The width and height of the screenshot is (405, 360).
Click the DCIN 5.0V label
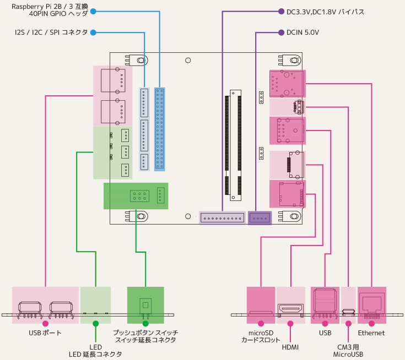(x=303, y=32)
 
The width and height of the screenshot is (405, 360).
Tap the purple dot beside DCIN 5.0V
(x=281, y=32)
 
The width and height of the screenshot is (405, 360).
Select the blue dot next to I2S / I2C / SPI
(x=93, y=32)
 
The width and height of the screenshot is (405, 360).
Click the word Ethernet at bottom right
(x=371, y=333)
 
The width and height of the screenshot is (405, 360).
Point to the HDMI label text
(x=290, y=347)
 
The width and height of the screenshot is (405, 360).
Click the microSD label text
(x=261, y=333)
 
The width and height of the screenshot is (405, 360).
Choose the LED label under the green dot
(x=95, y=347)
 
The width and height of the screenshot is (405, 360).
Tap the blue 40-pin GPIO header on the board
(x=160, y=129)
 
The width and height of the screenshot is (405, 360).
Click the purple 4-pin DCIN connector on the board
(x=260, y=218)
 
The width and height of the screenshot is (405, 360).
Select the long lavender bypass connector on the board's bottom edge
(x=222, y=218)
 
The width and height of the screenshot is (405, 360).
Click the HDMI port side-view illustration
(x=290, y=310)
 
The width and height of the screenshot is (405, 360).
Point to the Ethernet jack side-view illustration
(x=372, y=306)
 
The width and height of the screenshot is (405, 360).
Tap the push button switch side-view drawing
(x=145, y=308)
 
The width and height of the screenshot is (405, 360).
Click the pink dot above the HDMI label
(x=290, y=323)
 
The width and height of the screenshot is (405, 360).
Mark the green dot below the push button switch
(x=145, y=323)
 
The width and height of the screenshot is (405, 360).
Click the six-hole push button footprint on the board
(x=139, y=196)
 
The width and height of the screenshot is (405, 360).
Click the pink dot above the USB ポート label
(x=45, y=323)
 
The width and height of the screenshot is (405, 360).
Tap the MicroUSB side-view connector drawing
(x=348, y=312)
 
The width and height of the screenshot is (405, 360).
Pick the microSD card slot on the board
(x=290, y=194)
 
